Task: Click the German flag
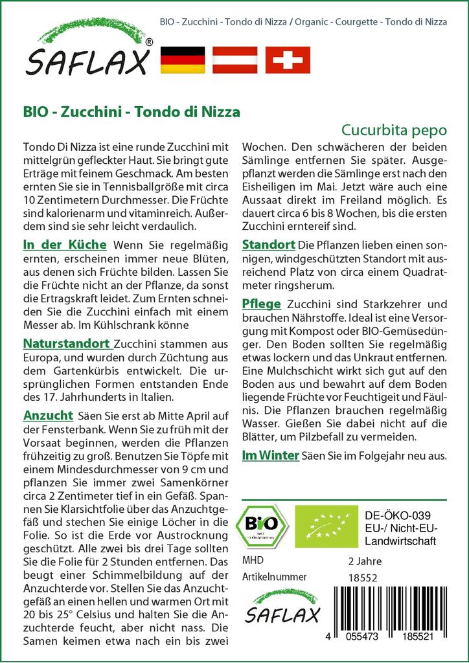[x=182, y=60]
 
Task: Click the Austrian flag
[x=235, y=60]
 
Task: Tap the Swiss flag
[x=288, y=60]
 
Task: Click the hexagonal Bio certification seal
[x=262, y=525]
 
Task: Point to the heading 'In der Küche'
[x=65, y=245]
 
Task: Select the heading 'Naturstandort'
[x=67, y=343]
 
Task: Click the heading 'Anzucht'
[x=47, y=414]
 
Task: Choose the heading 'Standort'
[x=268, y=245]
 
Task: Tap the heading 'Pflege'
[x=261, y=304]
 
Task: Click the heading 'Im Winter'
[x=270, y=455]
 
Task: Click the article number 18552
[x=362, y=576]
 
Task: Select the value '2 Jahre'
[x=365, y=560]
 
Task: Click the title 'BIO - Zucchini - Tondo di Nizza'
[x=132, y=111]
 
